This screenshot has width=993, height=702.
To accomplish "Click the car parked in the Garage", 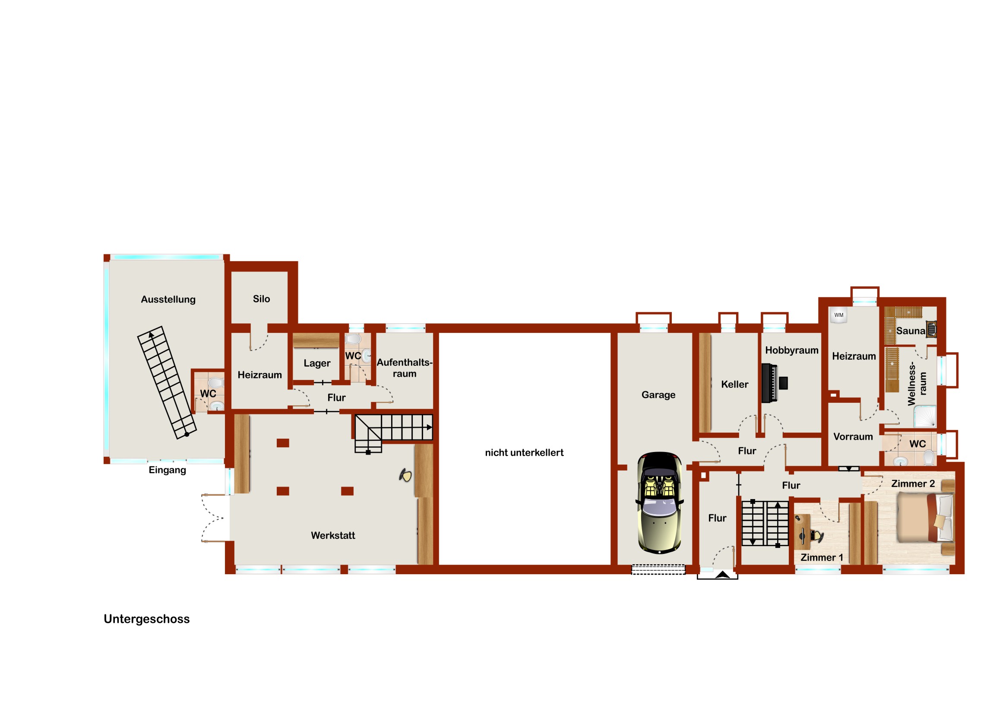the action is point(660,503).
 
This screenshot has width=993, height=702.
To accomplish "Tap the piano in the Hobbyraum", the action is point(769,383).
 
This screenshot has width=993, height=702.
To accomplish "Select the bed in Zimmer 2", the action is point(925,518).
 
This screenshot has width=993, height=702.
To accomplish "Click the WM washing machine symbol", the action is point(838,315).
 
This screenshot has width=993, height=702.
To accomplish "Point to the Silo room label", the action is point(261,299).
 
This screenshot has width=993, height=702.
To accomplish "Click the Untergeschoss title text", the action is point(147,620).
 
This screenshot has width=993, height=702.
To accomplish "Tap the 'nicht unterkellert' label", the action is point(524,453).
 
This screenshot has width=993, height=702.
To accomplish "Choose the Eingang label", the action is point(168,471).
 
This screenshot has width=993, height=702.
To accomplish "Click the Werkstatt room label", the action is point(333,535).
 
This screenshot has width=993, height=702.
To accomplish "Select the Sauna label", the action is point(911,331).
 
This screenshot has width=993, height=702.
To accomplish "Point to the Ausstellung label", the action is point(168,300).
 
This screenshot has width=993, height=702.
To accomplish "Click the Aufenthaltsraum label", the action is point(405,368).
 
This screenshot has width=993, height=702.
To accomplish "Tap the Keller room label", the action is point(735,385).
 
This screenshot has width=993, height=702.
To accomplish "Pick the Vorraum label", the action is point(853,437).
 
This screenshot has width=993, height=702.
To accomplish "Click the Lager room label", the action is point(317,364).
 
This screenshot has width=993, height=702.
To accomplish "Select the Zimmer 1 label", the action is point(822,557).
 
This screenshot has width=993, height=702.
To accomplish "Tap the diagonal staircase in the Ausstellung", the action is point(167,383).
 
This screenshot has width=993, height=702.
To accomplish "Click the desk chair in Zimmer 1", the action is point(817,536).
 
